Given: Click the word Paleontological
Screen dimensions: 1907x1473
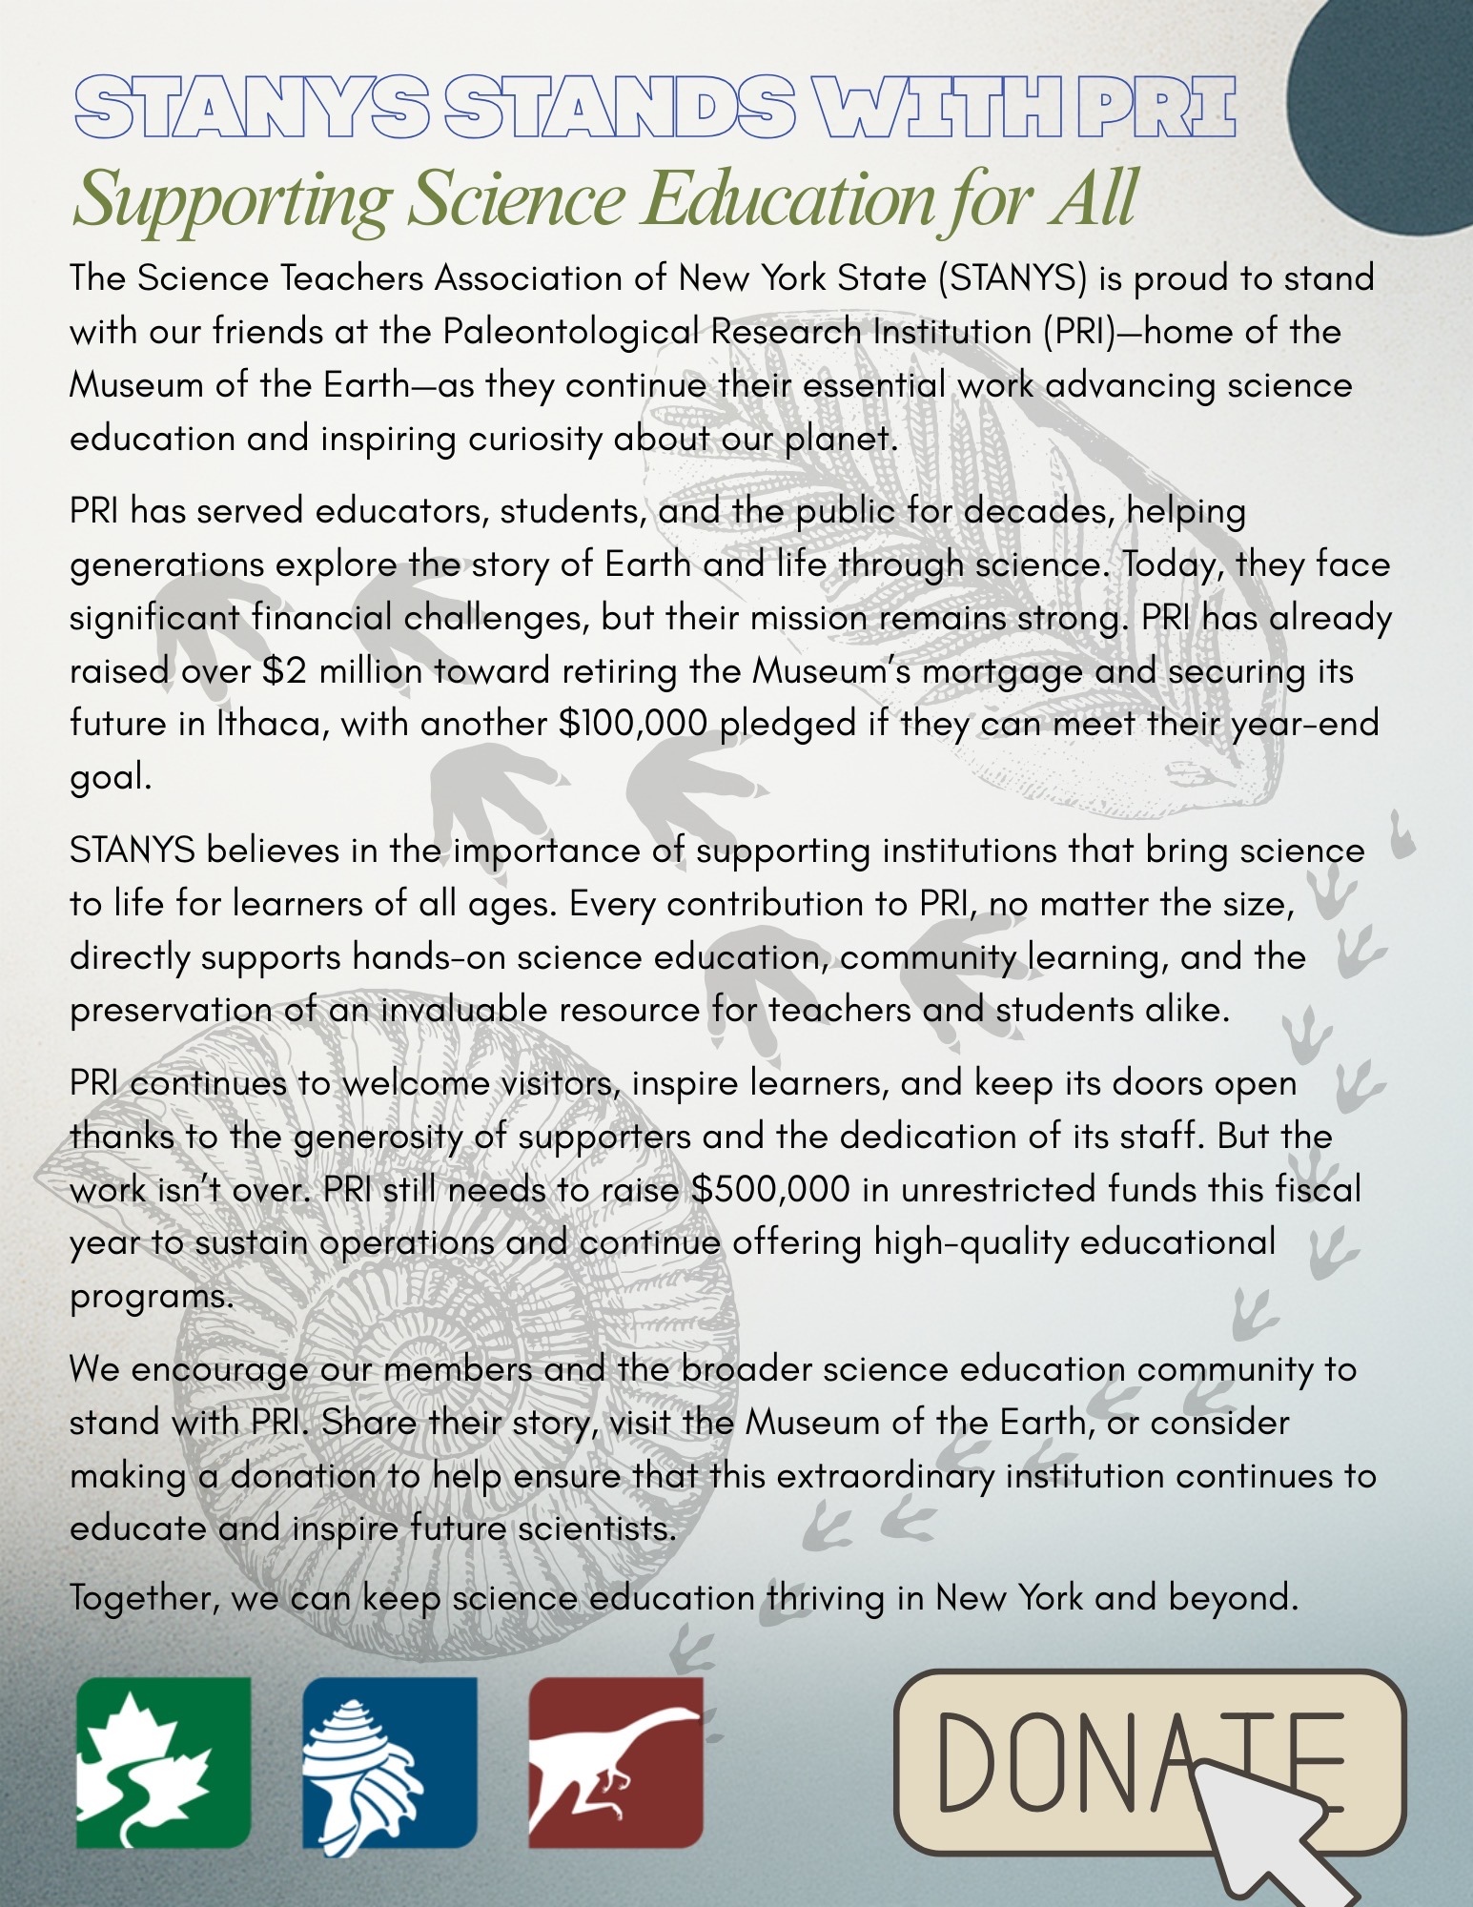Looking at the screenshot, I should point(571,332).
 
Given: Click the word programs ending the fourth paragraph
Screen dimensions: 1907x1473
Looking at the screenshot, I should point(150,1298).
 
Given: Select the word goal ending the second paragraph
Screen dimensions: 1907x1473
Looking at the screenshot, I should point(109,779).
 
